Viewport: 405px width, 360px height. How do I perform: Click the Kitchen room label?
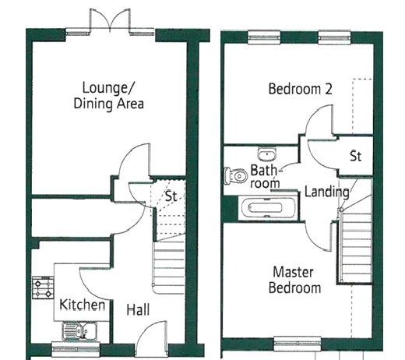point(82,305)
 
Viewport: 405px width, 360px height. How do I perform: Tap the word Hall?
point(138,309)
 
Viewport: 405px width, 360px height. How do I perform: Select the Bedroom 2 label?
point(301,89)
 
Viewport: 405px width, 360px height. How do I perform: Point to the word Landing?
point(327,192)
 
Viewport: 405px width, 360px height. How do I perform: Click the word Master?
point(293,272)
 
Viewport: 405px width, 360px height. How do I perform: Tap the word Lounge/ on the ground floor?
point(107,88)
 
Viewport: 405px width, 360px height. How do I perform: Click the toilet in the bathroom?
point(235,175)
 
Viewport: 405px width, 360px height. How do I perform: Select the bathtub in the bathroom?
point(269,208)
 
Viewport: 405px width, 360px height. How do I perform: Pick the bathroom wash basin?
point(267,154)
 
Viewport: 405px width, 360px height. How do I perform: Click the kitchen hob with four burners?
point(43,288)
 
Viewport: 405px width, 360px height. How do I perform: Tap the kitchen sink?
point(79,331)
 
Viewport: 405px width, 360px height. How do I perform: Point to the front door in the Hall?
point(151,337)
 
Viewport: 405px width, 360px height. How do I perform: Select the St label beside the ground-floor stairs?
point(171,196)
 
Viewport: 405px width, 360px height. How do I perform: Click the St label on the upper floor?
point(355,156)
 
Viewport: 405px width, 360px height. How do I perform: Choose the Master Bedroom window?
point(298,344)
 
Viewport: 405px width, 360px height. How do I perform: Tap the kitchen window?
point(76,349)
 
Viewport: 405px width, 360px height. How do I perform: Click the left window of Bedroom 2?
point(264,37)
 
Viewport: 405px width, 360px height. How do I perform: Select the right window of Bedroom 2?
point(335,37)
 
